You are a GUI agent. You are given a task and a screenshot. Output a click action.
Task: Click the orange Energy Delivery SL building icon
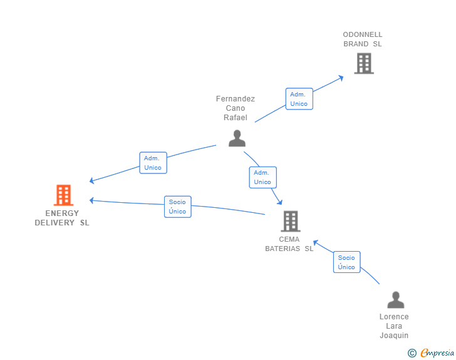point(63,195)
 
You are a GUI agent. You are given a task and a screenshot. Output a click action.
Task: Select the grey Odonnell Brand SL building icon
point(363,63)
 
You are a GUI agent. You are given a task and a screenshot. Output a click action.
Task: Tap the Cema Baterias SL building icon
point(290,221)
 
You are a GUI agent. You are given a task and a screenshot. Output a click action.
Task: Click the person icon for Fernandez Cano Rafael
point(237,138)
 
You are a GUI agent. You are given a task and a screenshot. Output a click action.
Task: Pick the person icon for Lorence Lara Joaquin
point(395,300)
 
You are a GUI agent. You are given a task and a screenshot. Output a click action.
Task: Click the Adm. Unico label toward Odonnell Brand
point(299,99)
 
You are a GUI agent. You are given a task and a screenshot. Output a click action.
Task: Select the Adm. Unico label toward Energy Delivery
point(153,163)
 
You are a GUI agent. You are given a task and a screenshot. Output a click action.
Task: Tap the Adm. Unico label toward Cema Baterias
point(262,177)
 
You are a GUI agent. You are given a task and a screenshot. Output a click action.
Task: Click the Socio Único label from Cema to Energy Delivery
point(177,207)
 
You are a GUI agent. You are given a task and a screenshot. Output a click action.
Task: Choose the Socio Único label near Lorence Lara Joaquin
point(346,262)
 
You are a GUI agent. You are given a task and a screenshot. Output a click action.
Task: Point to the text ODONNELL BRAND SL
point(362,39)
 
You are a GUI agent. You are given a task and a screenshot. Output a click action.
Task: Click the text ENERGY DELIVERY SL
point(62,218)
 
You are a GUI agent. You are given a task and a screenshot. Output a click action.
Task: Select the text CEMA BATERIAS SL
point(289,244)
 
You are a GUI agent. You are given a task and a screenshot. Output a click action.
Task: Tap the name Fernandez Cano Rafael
point(236,108)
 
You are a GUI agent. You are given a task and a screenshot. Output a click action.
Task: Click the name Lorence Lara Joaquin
point(394,326)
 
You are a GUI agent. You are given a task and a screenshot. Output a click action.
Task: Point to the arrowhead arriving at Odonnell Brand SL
point(341,77)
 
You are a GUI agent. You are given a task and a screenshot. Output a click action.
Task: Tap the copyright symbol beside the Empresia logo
point(412,353)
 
